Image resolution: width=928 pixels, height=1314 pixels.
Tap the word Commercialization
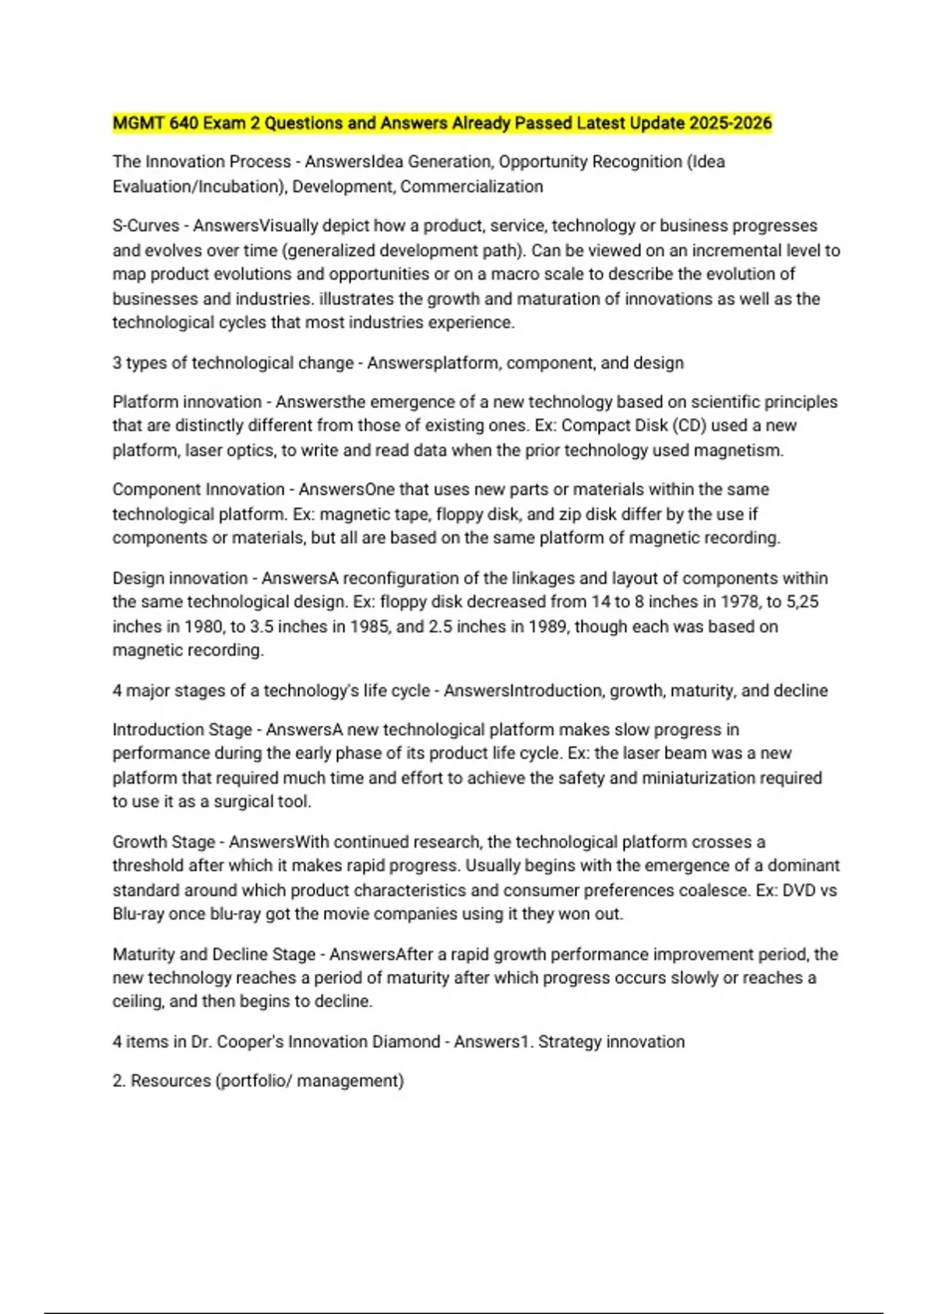[x=472, y=186]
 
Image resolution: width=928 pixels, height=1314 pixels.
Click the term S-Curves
[x=145, y=226]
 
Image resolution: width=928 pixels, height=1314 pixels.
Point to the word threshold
[x=148, y=865]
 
